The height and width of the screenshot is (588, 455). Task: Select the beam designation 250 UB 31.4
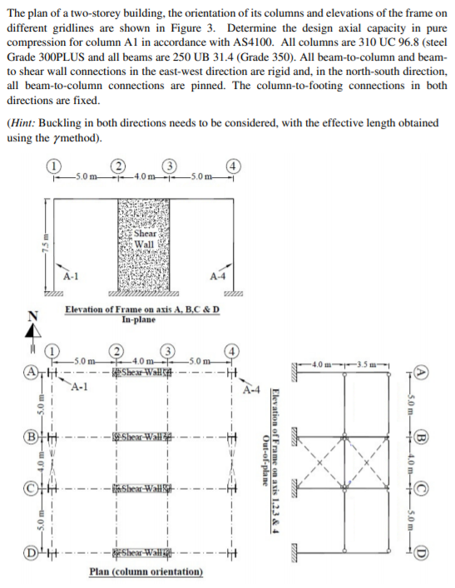tap(181, 53)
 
